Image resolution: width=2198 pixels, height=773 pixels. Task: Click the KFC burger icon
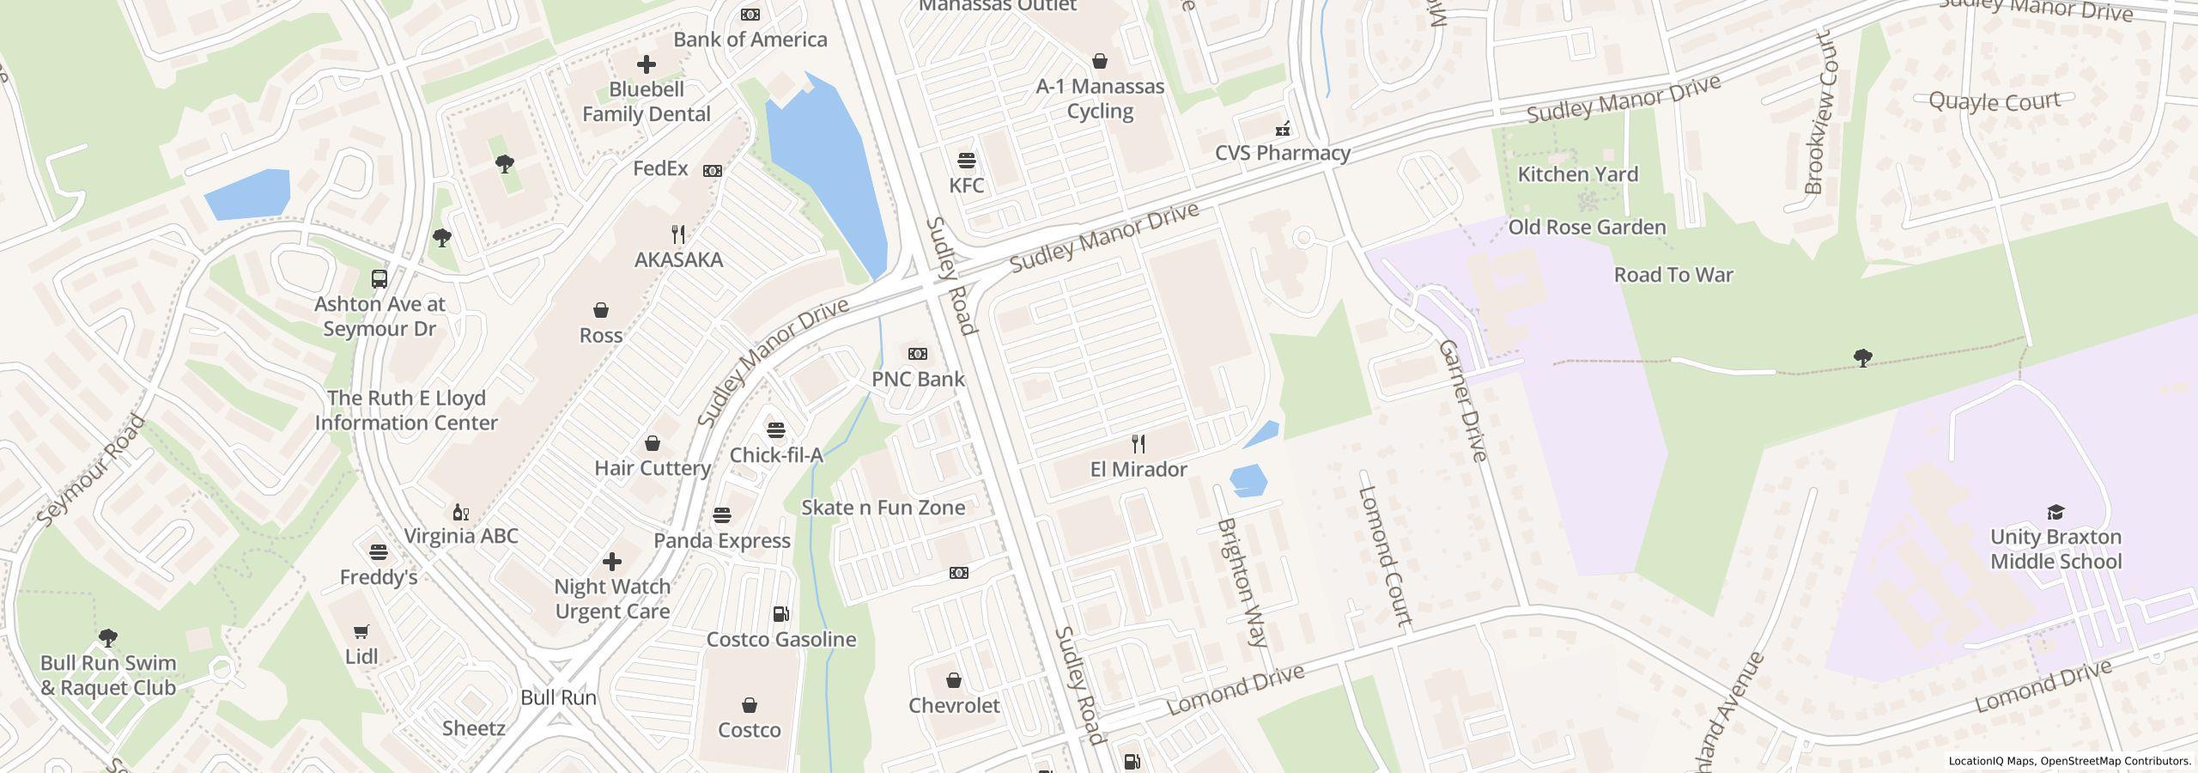967,160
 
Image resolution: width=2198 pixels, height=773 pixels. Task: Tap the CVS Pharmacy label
1282,153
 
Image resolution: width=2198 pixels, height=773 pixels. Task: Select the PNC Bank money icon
918,354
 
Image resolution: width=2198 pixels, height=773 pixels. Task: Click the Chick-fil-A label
776,455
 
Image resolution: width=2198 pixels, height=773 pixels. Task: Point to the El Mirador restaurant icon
1138,444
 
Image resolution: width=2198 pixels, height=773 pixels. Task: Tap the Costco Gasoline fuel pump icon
780,614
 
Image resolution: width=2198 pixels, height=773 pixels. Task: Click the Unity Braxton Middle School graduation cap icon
2055,513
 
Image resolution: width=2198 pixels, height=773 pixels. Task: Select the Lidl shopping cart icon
361,631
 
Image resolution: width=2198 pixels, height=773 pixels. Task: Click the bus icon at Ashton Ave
379,279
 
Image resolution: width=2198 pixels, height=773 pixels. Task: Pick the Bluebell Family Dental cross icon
646,64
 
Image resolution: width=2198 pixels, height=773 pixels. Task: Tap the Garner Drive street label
1461,400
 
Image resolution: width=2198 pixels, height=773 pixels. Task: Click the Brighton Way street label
1242,581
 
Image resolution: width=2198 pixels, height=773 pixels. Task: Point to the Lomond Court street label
1384,556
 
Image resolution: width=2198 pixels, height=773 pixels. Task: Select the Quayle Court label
1994,101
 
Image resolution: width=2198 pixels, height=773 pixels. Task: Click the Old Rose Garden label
1587,228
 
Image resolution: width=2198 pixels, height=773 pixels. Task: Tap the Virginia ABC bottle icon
461,513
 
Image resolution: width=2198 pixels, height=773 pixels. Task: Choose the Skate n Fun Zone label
883,508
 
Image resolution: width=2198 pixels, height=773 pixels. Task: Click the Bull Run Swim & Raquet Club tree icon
108,638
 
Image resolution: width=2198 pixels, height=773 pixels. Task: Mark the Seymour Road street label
90,471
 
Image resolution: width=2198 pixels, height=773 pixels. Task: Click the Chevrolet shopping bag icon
954,681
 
